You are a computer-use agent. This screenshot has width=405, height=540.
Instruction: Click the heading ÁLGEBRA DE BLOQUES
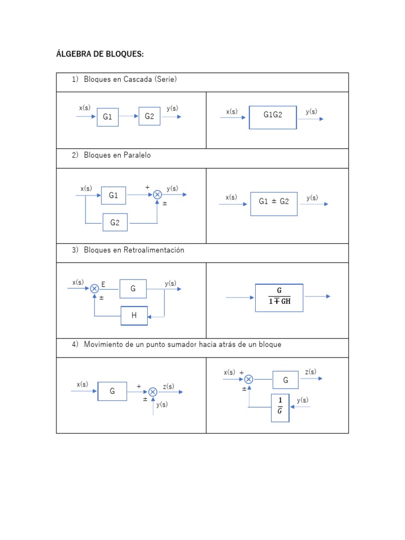pos(100,54)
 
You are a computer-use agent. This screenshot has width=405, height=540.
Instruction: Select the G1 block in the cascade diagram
pos(108,117)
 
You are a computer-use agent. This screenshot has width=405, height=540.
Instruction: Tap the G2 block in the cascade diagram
pos(149,116)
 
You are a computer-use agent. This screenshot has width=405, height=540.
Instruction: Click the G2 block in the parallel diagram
pos(115,223)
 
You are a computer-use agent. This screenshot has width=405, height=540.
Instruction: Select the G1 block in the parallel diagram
pos(114,196)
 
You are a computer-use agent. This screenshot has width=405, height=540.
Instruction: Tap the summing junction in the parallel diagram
pos(157,195)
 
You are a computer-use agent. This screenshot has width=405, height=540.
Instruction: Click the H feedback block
pos(134,315)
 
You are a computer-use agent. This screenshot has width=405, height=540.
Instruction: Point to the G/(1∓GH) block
pos(279,297)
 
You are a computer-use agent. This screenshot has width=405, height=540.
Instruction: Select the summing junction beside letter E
pos(94,288)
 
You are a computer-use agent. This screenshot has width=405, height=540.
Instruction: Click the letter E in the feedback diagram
pos(103,285)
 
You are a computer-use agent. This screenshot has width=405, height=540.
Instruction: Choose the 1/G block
pos(280,408)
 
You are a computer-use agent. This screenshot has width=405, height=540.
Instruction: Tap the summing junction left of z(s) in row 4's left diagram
pos(152,392)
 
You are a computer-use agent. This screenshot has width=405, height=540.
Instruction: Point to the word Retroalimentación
pos(154,250)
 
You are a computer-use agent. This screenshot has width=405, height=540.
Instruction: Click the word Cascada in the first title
pos(137,80)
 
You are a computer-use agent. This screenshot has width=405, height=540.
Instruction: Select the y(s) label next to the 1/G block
pos(303,400)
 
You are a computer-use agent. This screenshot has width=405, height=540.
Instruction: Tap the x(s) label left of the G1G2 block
pos(232,112)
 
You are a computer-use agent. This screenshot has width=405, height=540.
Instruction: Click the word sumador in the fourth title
pos(197,344)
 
